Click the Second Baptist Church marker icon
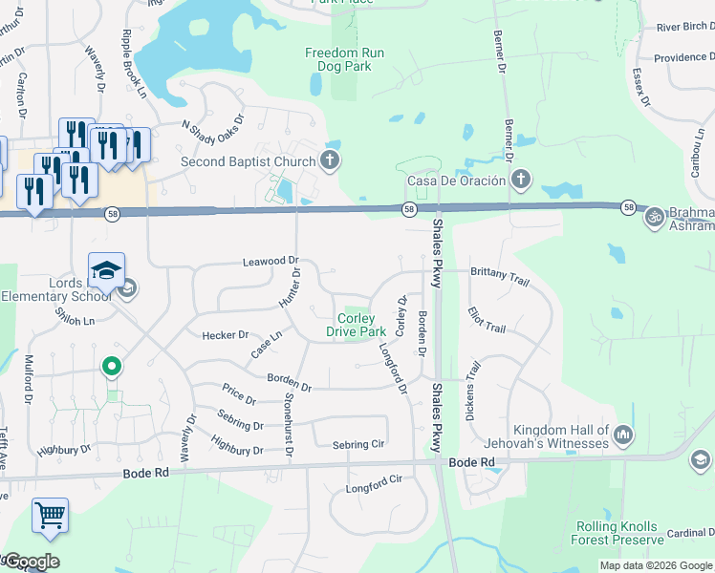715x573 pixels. pos(330,160)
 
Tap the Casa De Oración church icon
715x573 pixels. pos(521,180)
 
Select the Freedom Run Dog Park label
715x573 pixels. pos(344,60)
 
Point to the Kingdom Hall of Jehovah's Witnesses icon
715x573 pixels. pos(624,435)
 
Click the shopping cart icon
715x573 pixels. pos(50,516)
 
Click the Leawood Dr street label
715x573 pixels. pos(271,261)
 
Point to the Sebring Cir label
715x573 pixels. pos(357,445)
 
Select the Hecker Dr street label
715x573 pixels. pos(225,335)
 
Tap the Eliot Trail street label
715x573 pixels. pos(486,320)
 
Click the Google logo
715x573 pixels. pos(31,562)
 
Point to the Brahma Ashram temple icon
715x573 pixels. pos(655,216)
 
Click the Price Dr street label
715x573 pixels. pos(238,393)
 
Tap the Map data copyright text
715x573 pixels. pos(656,565)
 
